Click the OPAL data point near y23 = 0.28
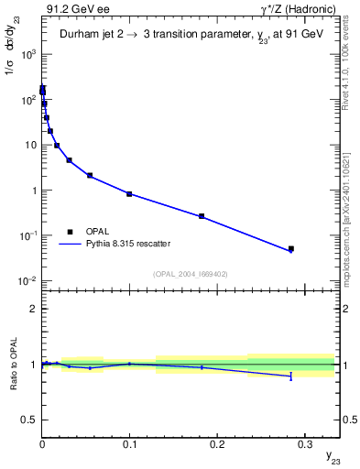(x=290, y=248)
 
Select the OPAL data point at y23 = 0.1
(x=129, y=194)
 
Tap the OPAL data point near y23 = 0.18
(x=202, y=216)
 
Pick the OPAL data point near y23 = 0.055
(x=90, y=175)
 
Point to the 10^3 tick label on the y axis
(x=28, y=54)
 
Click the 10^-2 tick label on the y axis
(x=28, y=280)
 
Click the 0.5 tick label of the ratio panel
(x=30, y=420)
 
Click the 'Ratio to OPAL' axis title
(x=12, y=364)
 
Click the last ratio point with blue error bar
(x=290, y=376)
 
